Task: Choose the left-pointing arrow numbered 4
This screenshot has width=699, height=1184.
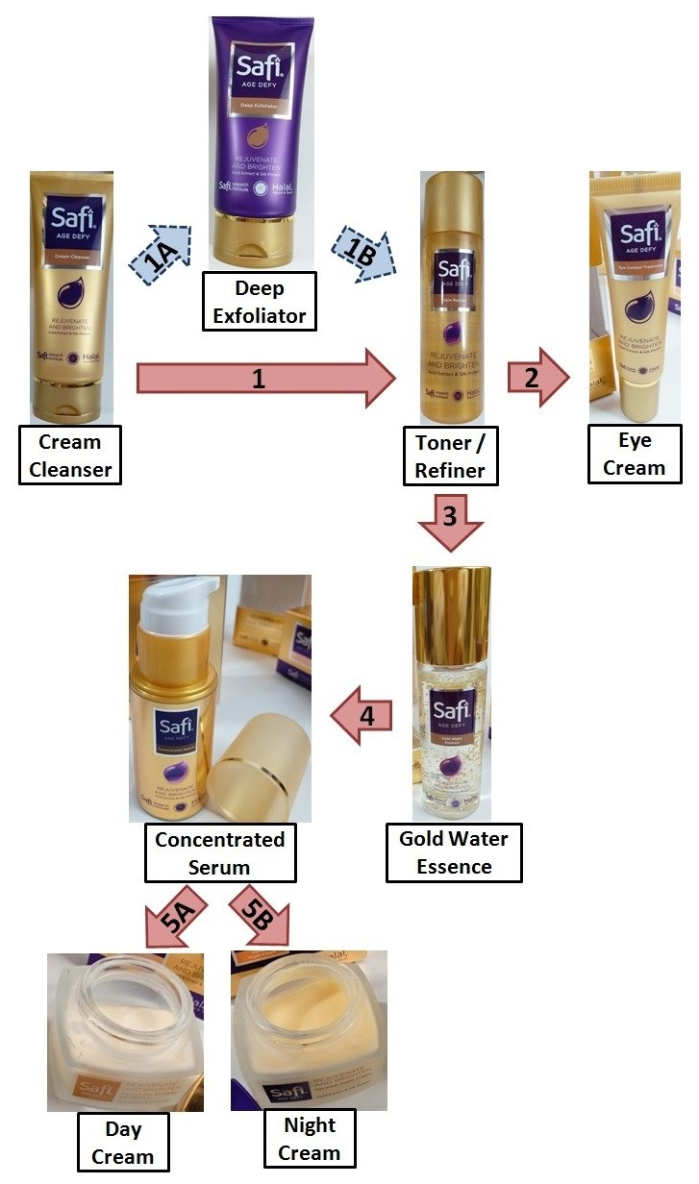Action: [363, 715]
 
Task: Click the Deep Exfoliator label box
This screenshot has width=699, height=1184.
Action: [259, 302]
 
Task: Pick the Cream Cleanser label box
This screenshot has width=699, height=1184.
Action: [70, 456]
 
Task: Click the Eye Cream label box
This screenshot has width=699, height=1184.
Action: [635, 454]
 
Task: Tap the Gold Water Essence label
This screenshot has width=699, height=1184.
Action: [453, 851]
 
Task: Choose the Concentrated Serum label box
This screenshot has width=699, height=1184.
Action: [220, 852]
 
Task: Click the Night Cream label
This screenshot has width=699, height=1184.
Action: [310, 1139]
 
